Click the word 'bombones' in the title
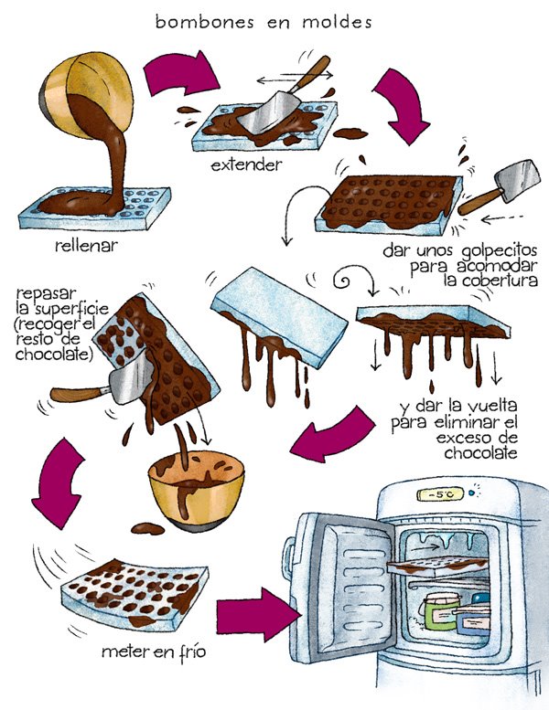tap(195, 23)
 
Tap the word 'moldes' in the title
tap(338, 23)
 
